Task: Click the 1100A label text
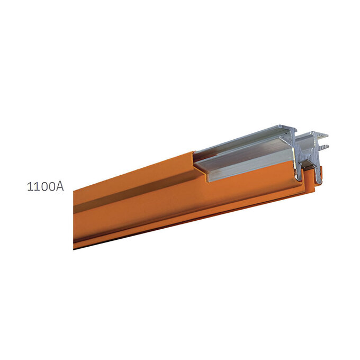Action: click(x=45, y=186)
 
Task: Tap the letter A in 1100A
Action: click(x=59, y=186)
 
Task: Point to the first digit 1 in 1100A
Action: click(x=29, y=186)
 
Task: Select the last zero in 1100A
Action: click(x=51, y=186)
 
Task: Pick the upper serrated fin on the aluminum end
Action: click(x=323, y=136)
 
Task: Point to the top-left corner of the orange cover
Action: click(x=74, y=191)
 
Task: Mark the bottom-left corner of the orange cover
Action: click(x=74, y=249)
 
